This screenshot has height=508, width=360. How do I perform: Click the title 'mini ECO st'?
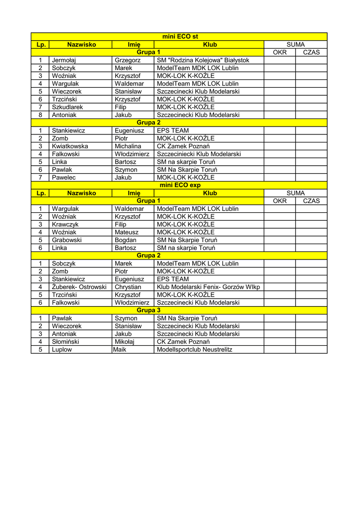pos(180,37)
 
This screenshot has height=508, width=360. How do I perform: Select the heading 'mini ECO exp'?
pos(180,185)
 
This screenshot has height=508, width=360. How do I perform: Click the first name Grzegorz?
pos(128,60)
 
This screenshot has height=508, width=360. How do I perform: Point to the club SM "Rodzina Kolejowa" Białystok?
pos(203,60)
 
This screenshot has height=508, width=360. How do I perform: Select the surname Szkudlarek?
pos(68,107)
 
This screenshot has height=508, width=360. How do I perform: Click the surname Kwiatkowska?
pos(70,146)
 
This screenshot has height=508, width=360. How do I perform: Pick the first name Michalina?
pos(128,146)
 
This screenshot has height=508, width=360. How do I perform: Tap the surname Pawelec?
pos(64,177)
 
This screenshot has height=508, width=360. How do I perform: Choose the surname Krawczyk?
pos(66,224)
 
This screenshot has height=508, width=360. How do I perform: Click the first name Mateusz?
pos(127,232)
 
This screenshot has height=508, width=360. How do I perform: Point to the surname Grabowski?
pos(67,240)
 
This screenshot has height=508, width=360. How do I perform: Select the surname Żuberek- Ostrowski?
pos(79,287)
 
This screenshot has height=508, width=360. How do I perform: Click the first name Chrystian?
pos(128,287)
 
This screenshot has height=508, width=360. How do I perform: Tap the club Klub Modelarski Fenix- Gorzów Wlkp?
pos(208,287)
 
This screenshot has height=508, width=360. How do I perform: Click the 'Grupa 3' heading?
pos(148,310)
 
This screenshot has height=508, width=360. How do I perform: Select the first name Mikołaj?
pos(125,341)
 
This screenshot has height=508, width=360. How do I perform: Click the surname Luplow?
pos(62,349)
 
